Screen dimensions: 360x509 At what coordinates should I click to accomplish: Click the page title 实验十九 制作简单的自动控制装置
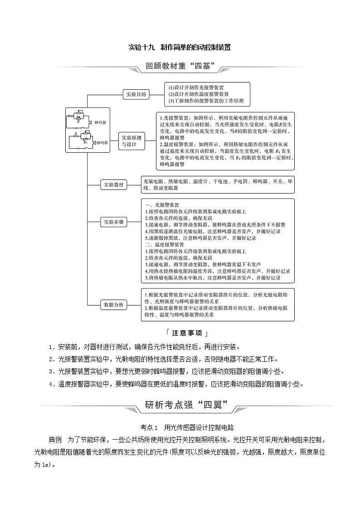(x=180, y=47)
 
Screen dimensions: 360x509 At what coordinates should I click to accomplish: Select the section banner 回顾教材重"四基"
(x=180, y=66)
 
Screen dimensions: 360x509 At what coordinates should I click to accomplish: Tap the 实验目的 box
(x=136, y=94)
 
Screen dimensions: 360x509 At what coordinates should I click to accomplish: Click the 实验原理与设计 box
(x=132, y=141)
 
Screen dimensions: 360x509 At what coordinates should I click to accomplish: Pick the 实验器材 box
(x=114, y=184)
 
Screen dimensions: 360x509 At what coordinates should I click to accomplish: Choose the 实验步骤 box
(x=114, y=222)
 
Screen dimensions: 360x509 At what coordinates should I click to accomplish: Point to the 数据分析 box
(x=114, y=304)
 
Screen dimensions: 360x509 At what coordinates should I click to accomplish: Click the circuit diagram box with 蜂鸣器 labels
(x=88, y=131)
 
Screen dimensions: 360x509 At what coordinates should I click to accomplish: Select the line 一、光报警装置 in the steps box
(x=161, y=205)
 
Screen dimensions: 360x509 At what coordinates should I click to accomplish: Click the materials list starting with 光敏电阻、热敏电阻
(x=218, y=184)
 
